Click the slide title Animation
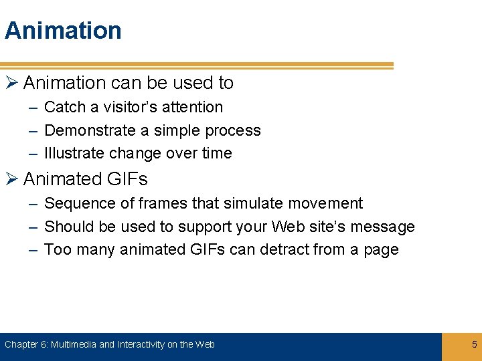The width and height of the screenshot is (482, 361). (63, 31)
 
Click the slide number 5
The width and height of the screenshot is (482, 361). (475, 345)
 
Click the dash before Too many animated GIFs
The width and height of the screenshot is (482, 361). (32, 250)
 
